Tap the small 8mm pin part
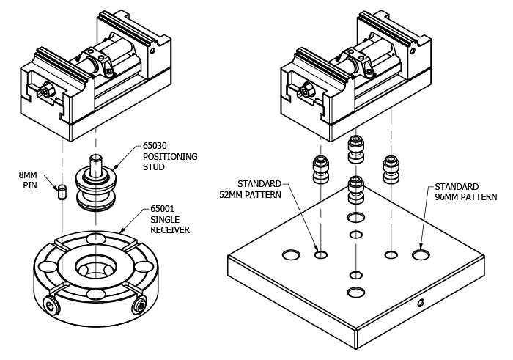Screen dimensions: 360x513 [x=63, y=191]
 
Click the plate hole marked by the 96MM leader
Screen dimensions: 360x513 [x=421, y=255]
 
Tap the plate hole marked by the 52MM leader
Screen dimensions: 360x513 [x=320, y=255]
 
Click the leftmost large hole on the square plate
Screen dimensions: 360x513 [x=291, y=255]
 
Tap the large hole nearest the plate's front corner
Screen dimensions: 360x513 [x=356, y=293]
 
